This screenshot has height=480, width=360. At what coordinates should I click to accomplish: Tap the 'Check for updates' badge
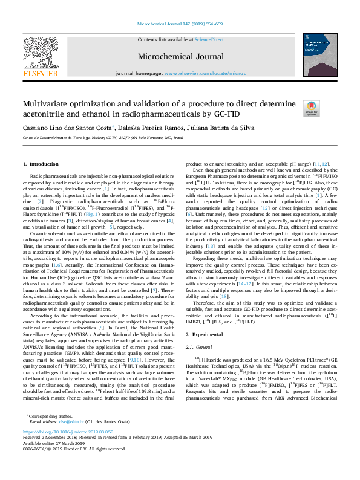coord(312,109)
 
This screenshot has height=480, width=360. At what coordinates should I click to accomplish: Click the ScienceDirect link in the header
coord(209,39)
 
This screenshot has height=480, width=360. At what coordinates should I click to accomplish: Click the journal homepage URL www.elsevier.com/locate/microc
coord(204,73)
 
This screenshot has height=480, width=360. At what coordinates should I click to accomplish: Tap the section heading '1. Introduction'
coord(41,164)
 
